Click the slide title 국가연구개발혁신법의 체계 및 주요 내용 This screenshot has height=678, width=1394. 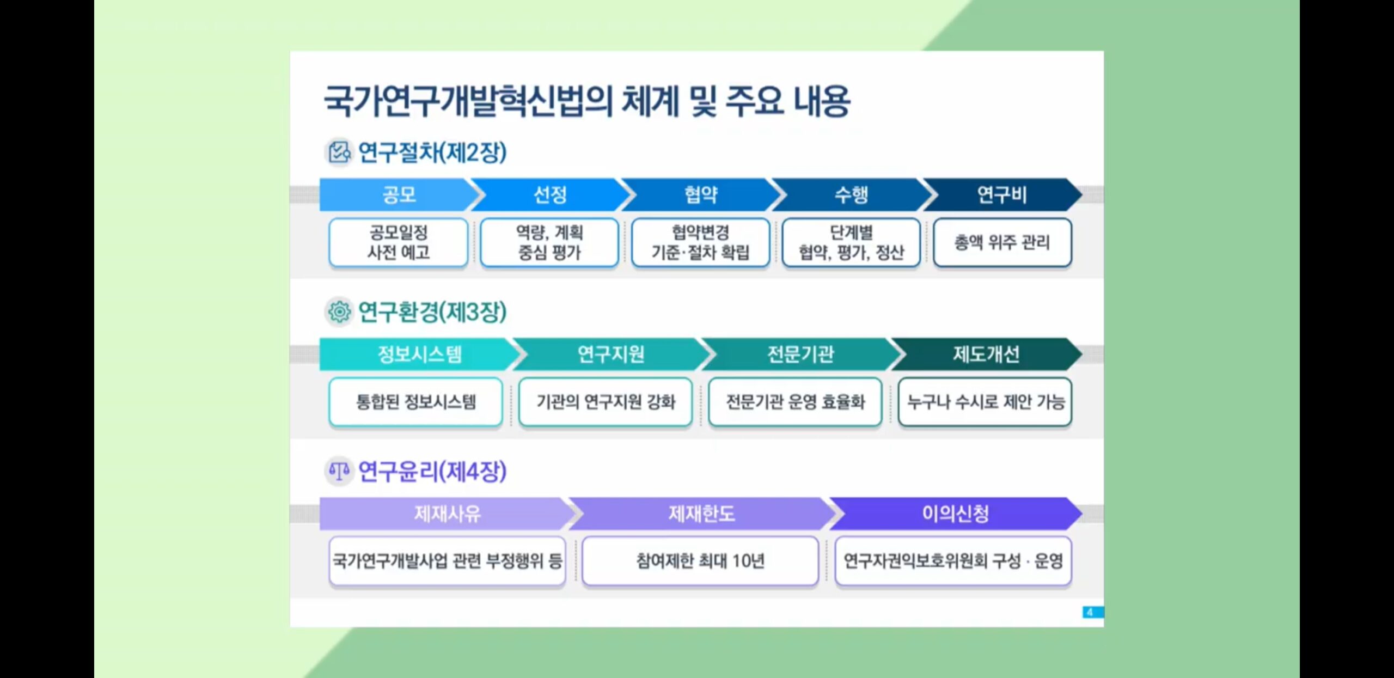(587, 101)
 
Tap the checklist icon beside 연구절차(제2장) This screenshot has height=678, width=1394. (339, 152)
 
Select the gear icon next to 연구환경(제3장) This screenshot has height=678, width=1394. (339, 312)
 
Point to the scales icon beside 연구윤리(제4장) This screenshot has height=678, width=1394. (339, 471)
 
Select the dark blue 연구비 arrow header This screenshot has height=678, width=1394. (1002, 194)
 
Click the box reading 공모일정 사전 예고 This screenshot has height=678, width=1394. (399, 242)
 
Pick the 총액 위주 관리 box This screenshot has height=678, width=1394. (1002, 242)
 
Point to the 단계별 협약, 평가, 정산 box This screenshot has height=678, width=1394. (852, 242)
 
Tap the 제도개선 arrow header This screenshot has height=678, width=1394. (986, 355)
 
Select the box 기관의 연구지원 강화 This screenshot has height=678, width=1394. (606, 402)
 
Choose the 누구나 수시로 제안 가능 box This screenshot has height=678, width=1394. (985, 402)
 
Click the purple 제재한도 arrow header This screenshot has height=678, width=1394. (701, 514)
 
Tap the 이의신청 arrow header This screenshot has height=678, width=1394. (956, 514)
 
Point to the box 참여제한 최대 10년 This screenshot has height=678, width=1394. (700, 561)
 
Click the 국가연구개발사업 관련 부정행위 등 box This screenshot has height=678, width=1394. (447, 561)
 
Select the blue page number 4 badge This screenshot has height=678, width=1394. (1093, 612)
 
